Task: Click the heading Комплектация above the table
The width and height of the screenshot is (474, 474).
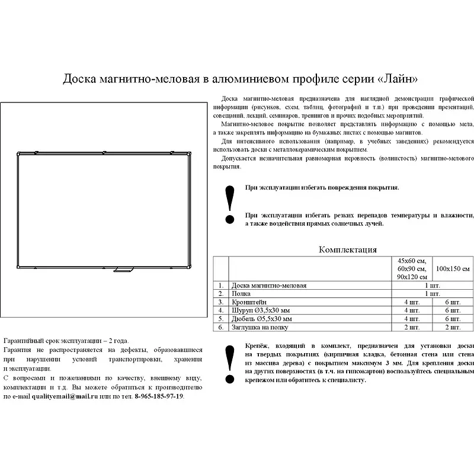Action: [x=348, y=250]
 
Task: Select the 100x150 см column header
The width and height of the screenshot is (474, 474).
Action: [x=453, y=269]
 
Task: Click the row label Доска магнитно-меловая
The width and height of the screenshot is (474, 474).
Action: [x=269, y=286]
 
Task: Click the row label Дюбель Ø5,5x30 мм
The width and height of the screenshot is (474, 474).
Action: [x=263, y=319]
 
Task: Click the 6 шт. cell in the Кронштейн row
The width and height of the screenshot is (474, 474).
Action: [x=453, y=302]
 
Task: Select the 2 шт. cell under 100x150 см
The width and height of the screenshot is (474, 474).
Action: [x=453, y=327]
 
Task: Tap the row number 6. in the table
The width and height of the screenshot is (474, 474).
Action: [x=220, y=327]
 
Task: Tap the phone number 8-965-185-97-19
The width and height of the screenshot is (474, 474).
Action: [x=159, y=396]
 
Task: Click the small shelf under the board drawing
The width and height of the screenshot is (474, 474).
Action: [x=123, y=271]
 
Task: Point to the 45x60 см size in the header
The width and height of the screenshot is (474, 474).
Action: [x=412, y=261]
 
